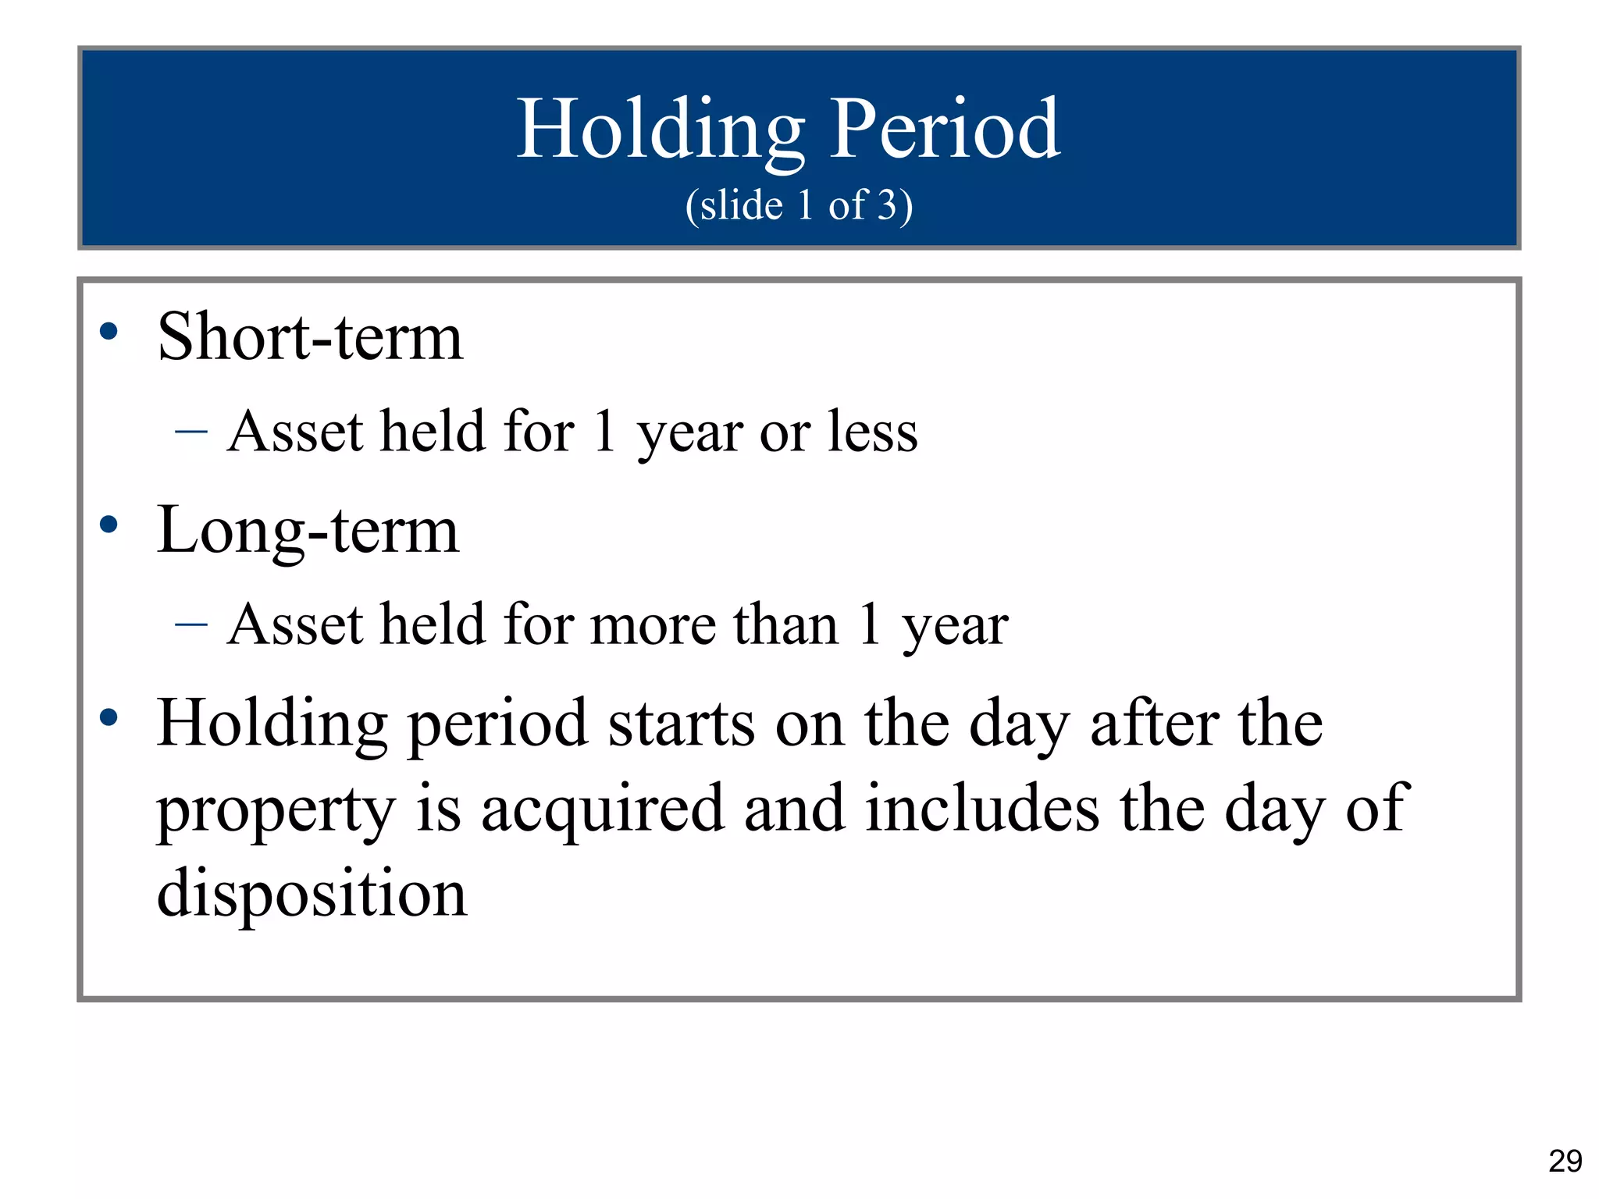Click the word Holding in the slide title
[661, 130]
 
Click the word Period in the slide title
[945, 130]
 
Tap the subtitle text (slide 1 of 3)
[799, 205]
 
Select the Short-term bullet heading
[310, 337]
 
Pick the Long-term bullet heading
[308, 530]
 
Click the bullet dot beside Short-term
[109, 332]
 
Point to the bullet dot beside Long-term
[109, 525]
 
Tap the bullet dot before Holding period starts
[109, 717]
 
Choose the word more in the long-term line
[653, 625]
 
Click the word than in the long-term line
[785, 624]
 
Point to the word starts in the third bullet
[681, 724]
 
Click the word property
[276, 810]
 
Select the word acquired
[602, 810]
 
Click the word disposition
[312, 894]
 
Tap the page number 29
[1565, 1162]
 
